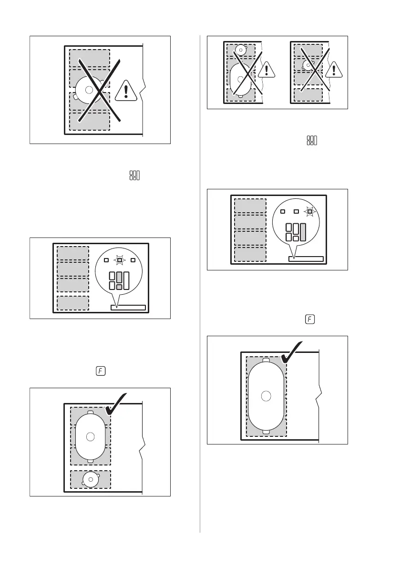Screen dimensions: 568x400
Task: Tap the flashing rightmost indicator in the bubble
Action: pyautogui.click(x=309, y=211)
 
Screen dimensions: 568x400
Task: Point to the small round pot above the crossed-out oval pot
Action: pyautogui.click(x=241, y=49)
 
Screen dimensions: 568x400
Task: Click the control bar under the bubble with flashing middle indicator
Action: pyautogui.click(x=128, y=307)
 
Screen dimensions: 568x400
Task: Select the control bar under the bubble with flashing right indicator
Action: pyautogui.click(x=306, y=259)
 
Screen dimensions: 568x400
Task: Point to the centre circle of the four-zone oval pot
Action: pyautogui.click(x=266, y=395)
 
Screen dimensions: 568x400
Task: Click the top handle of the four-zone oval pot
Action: pyautogui.click(x=266, y=359)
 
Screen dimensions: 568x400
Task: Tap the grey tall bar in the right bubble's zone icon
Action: pyautogui.click(x=303, y=231)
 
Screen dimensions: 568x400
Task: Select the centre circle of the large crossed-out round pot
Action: pyautogui.click(x=89, y=89)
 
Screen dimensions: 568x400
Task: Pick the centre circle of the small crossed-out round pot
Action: pyautogui.click(x=308, y=62)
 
